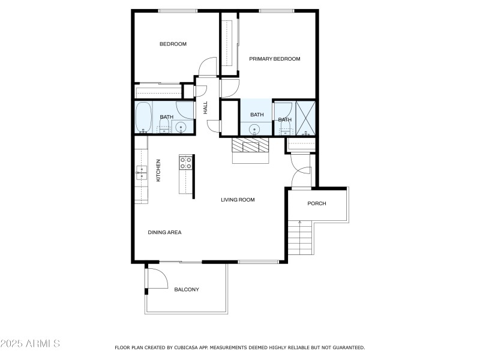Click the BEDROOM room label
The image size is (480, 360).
click(173, 44)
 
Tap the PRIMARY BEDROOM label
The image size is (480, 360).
click(274, 59)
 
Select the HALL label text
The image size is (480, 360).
click(205, 108)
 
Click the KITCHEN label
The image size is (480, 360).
click(158, 170)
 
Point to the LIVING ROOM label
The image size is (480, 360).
click(238, 200)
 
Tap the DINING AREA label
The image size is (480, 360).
click(164, 232)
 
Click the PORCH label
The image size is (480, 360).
click(316, 203)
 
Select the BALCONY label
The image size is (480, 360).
click(186, 290)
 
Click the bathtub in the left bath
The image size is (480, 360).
click(143, 117)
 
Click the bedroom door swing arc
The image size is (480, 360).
click(208, 66)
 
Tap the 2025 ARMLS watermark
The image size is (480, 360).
click(30, 344)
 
